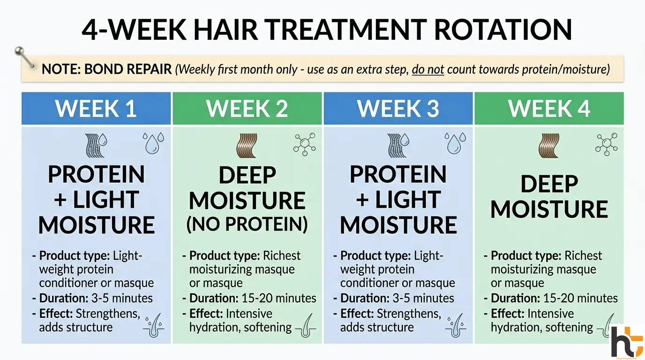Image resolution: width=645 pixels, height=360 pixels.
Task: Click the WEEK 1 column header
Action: click(96, 108)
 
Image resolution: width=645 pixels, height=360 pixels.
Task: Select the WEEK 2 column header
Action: click(247, 108)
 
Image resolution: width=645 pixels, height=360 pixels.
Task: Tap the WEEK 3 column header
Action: click(398, 108)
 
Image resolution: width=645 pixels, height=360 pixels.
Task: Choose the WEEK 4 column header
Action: click(549, 108)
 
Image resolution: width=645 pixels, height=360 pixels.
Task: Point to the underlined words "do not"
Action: click(428, 70)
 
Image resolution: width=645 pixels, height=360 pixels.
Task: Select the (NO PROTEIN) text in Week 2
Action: click(247, 225)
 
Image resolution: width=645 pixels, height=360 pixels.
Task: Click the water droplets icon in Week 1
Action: click(154, 142)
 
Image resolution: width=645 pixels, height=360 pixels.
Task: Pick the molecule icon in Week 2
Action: click(304, 143)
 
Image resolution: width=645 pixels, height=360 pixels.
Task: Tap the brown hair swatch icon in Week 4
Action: click(548, 146)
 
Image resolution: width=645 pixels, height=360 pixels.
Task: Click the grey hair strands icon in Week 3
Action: click(397, 146)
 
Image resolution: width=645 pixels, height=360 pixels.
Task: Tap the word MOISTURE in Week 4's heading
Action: click(549, 209)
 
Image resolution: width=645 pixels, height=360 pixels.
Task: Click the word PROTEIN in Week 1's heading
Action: click(96, 175)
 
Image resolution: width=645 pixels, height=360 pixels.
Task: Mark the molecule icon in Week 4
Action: click(606, 143)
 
